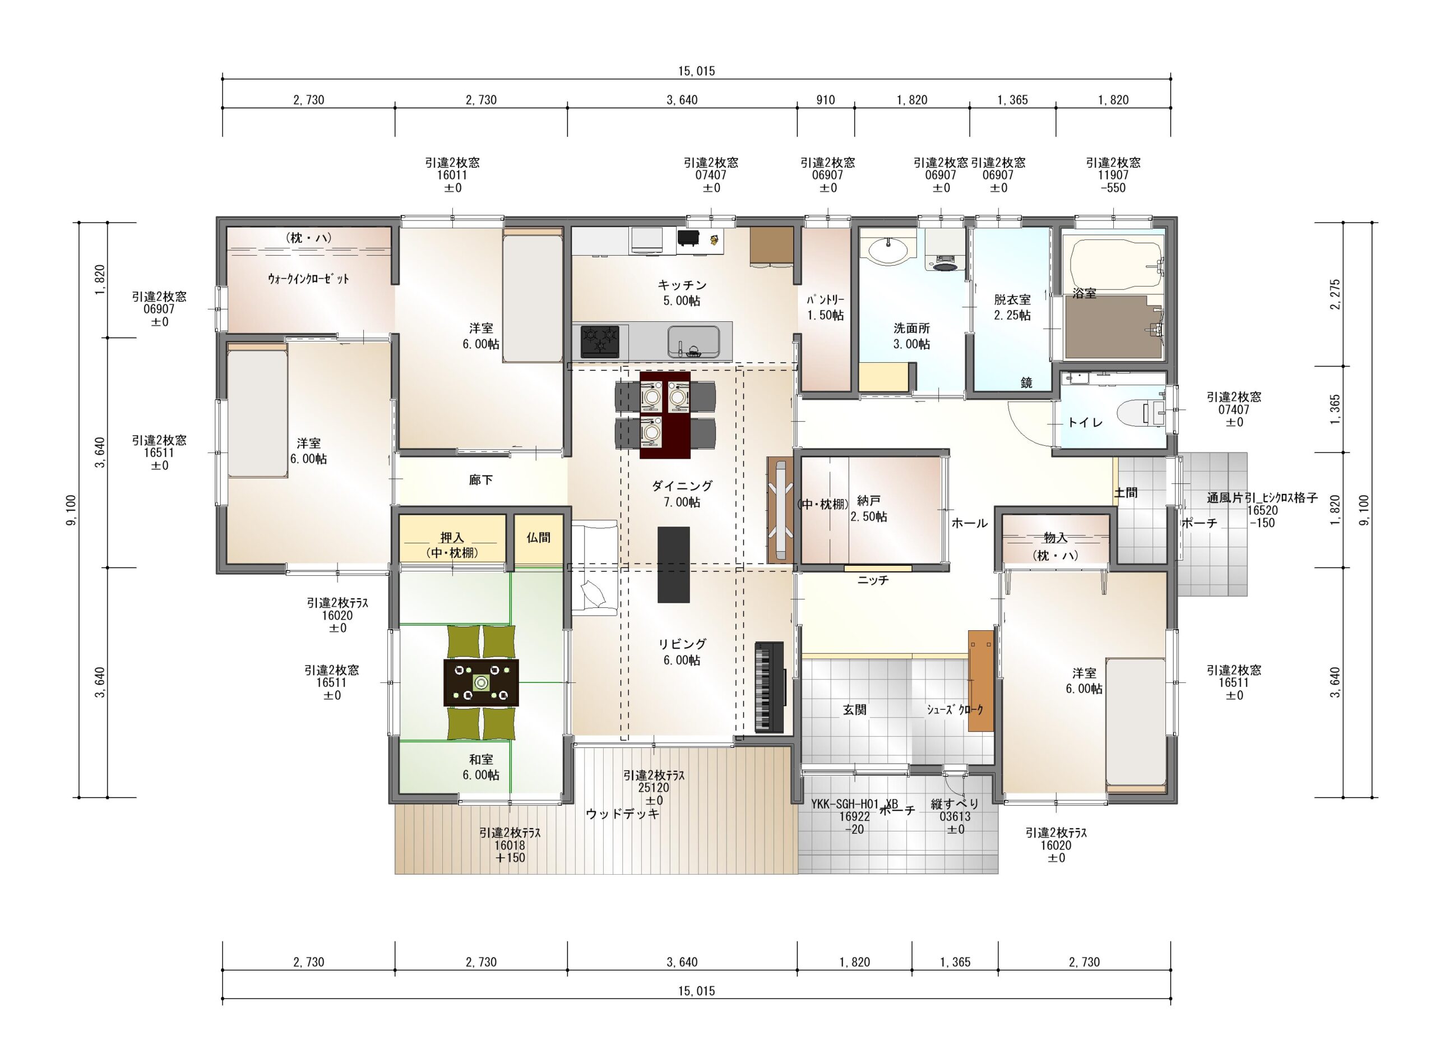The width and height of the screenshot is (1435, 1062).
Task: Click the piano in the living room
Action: tap(769, 686)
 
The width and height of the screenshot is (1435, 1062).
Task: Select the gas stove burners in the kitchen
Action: tap(600, 341)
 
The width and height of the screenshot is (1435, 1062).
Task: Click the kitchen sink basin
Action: tap(693, 341)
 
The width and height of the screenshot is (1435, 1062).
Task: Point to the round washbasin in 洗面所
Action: tap(889, 249)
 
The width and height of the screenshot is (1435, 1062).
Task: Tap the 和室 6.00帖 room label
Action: tap(481, 768)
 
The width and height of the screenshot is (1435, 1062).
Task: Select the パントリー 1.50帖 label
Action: tap(825, 307)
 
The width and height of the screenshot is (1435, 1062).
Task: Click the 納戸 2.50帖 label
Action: tap(869, 509)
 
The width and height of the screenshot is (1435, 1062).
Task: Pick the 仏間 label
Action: tap(539, 537)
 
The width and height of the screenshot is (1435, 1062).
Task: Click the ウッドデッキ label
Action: tap(623, 814)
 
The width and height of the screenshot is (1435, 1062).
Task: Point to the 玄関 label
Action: tap(855, 710)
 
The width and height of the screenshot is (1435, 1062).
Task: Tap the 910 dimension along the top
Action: tap(826, 100)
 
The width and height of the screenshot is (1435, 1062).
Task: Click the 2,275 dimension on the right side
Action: tap(1335, 294)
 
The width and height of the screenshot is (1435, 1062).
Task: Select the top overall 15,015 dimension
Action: tap(697, 71)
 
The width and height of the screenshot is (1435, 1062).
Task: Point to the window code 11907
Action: tap(1113, 175)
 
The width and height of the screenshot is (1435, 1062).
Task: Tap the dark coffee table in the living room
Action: tap(673, 565)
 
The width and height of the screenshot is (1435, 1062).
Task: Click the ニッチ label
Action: tap(873, 580)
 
